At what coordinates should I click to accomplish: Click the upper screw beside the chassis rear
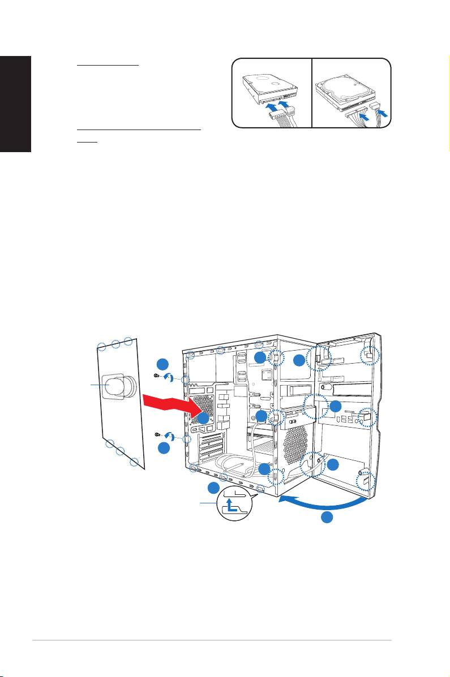click(157, 376)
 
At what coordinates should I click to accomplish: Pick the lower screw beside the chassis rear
click(157, 434)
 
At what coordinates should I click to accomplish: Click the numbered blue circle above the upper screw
click(162, 363)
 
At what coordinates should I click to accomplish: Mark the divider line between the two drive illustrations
click(313, 92)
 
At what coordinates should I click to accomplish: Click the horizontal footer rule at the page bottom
click(212, 641)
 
